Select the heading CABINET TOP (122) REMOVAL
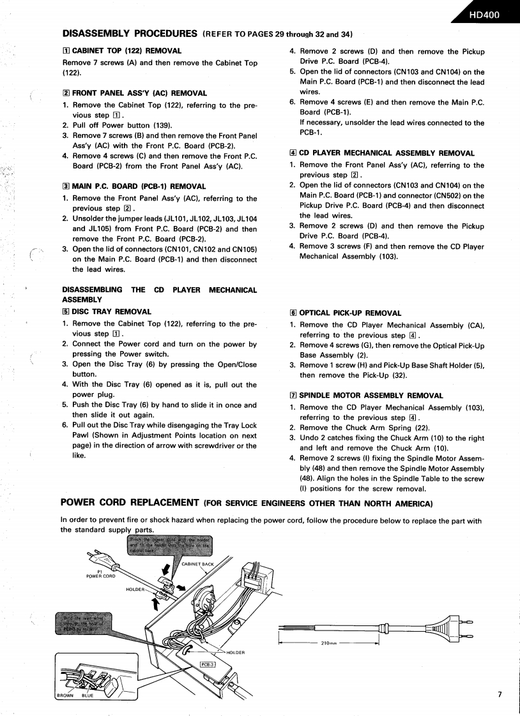point(122,50)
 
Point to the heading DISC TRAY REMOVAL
point(107,312)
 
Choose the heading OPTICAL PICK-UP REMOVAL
point(346,313)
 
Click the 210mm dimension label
point(329,643)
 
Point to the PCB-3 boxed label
point(208,664)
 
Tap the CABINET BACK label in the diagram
point(197,563)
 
